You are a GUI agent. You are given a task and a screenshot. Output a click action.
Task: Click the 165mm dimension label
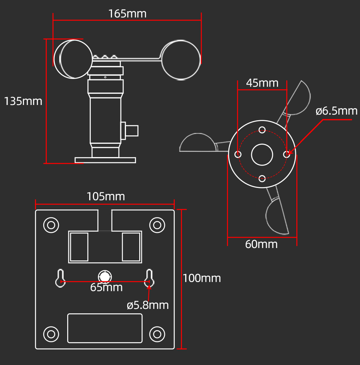pyautogui.click(x=127, y=14)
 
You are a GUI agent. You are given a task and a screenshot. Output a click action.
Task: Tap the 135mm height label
pyautogui.click(x=23, y=101)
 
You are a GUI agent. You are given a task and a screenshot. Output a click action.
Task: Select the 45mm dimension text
pyautogui.click(x=262, y=83)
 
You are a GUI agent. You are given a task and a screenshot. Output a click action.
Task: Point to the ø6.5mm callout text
pyautogui.click(x=336, y=111)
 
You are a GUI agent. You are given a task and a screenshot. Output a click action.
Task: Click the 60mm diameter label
pyautogui.click(x=261, y=244)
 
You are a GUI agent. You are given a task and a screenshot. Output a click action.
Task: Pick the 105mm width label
pyautogui.click(x=106, y=197)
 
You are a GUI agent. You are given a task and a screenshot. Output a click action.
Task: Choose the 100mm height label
pyautogui.click(x=202, y=278)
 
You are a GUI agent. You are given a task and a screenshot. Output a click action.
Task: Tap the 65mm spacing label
pyautogui.click(x=106, y=288)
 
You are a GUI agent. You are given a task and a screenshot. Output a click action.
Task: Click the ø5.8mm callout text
pyautogui.click(x=148, y=305)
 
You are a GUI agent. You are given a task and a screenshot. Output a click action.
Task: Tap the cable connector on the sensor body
pyautogui.click(x=131, y=131)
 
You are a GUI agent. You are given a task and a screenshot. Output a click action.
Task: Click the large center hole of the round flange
pyautogui.click(x=262, y=155)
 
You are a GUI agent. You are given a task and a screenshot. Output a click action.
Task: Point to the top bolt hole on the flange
pyautogui.click(x=262, y=130)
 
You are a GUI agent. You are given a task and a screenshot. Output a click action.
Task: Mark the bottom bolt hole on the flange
pyautogui.click(x=262, y=179)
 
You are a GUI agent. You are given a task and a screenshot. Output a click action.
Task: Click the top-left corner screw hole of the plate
pyautogui.click(x=51, y=225)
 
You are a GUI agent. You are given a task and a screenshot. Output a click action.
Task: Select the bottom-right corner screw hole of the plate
pyautogui.click(x=157, y=334)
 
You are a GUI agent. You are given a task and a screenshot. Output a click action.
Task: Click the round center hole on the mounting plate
pyautogui.click(x=105, y=276)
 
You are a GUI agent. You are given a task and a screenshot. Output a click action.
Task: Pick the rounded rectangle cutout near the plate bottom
pyautogui.click(x=105, y=328)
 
